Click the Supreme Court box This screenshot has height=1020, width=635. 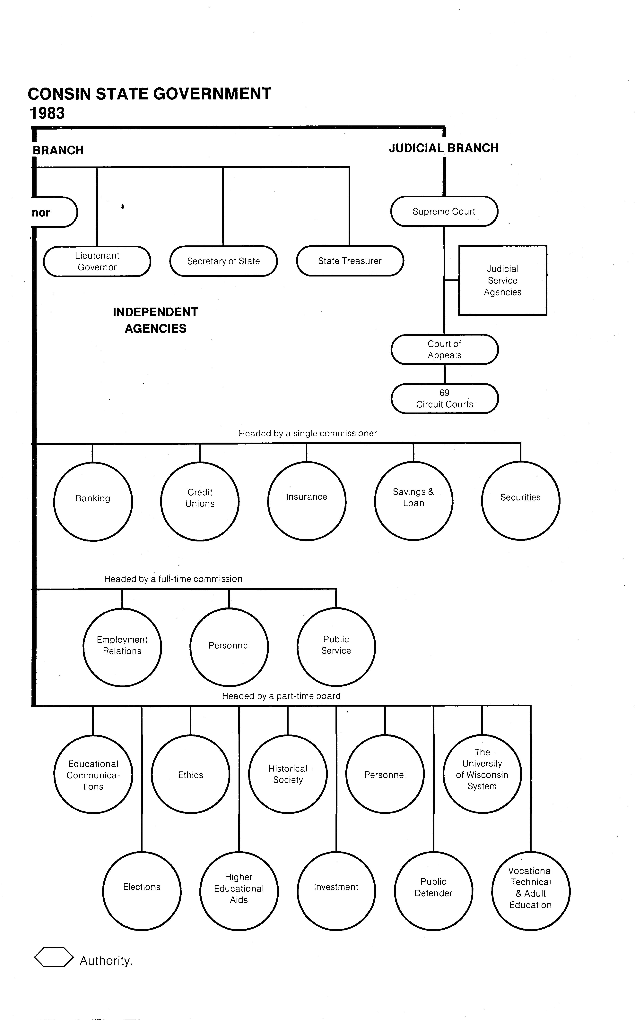click(444, 211)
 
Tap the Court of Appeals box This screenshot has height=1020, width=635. click(444, 349)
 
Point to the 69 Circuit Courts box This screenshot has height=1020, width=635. click(444, 398)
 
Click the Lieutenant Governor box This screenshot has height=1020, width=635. click(97, 261)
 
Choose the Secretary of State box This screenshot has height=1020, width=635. click(223, 261)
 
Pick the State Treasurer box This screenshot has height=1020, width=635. click(350, 261)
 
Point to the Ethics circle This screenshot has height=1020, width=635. click(191, 774)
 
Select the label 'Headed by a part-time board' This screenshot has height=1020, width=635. click(281, 696)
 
